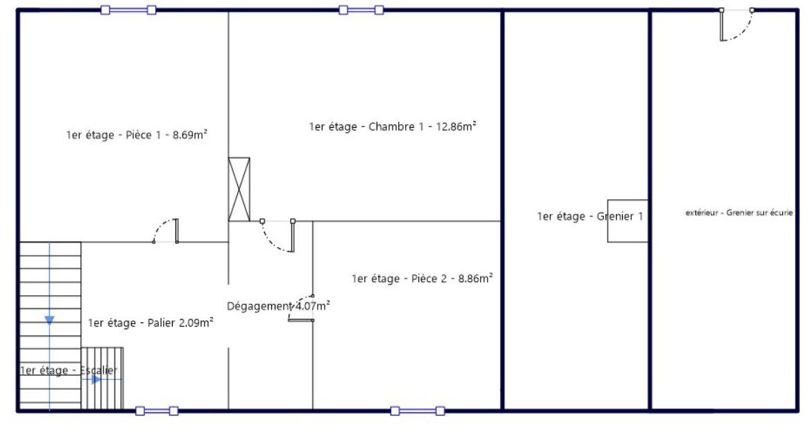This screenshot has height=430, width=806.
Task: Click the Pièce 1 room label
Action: (137, 135)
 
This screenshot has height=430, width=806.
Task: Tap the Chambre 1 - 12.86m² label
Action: (392, 126)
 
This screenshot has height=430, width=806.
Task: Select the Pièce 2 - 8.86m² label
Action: (422, 279)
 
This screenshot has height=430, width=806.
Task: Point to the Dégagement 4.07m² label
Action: (278, 306)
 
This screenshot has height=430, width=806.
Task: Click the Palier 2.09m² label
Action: (150, 322)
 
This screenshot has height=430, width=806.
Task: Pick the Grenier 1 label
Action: (590, 217)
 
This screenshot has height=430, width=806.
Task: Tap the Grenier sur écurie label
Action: (738, 213)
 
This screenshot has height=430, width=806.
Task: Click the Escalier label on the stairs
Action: (69, 371)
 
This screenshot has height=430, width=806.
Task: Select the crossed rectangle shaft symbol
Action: (239, 189)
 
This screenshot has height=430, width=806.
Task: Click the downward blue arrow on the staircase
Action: (49, 320)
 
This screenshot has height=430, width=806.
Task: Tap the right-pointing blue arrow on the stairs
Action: (96, 379)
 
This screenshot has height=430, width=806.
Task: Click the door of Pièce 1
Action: (166, 231)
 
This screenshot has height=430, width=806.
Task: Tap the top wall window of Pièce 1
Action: (128, 10)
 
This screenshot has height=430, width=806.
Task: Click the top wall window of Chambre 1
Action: (361, 10)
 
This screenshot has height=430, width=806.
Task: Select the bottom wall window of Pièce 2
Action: (417, 411)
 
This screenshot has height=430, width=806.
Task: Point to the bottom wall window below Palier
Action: (157, 411)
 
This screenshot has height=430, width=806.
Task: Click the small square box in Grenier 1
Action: (627, 222)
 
